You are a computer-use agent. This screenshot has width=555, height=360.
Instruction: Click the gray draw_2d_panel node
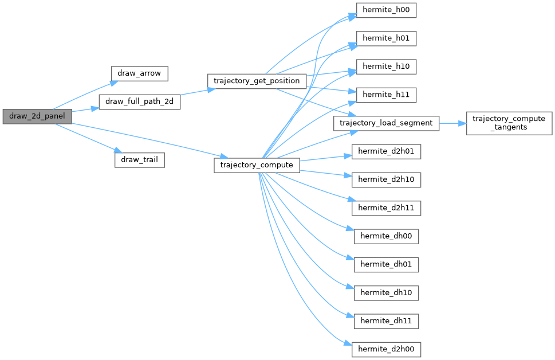coord(37,116)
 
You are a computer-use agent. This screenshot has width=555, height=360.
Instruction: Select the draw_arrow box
coord(139,73)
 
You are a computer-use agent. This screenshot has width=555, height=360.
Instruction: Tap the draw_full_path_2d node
coord(140,102)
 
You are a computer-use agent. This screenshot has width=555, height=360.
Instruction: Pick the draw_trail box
coord(140,159)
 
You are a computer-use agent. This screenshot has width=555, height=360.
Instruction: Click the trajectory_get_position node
coord(257,81)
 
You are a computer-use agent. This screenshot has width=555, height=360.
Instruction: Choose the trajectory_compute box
coord(257,165)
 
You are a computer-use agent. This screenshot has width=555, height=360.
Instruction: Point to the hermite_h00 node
coord(386,11)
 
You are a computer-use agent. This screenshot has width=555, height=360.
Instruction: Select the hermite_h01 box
coord(386,39)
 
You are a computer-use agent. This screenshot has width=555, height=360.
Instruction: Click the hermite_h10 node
coord(386,66)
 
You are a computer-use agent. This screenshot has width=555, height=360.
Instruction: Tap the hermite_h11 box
coord(386,95)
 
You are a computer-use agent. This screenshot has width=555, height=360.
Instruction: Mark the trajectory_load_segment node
coord(387,123)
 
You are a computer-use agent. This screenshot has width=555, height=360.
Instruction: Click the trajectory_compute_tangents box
coord(509,123)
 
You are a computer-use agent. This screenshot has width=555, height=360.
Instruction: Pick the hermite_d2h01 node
coord(387,151)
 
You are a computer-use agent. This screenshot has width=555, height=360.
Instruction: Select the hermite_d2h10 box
coord(387,179)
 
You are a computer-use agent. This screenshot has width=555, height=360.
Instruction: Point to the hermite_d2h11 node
coord(387,208)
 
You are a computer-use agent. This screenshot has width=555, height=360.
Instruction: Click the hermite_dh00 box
coord(387,236)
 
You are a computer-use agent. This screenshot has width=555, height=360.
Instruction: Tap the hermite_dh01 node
coord(387,264)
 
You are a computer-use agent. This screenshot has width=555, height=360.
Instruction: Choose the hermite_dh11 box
coord(387,320)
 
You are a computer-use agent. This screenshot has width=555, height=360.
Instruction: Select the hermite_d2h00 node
coord(387,349)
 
